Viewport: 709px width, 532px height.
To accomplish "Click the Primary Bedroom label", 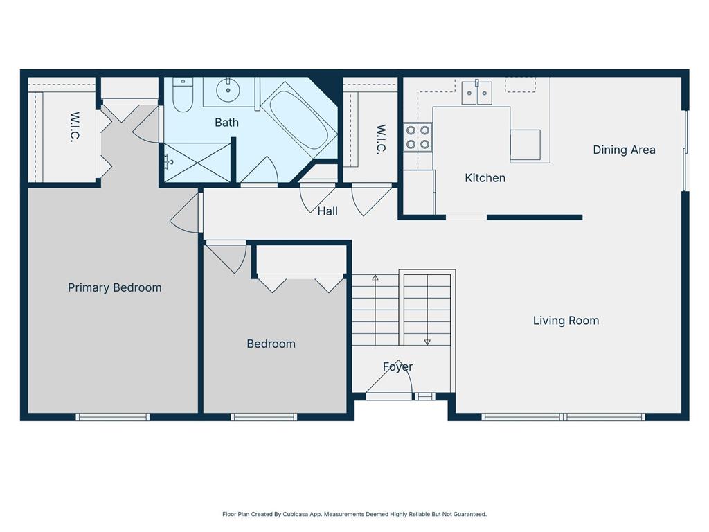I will click(x=115, y=287).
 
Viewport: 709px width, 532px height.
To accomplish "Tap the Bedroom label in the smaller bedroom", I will click(x=271, y=344).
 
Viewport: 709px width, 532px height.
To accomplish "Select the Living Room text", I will click(x=566, y=321).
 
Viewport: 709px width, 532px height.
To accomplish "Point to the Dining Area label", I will click(x=624, y=150).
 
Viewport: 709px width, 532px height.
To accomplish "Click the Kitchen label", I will click(x=485, y=178).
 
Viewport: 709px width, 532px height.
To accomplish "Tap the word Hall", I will click(x=327, y=211).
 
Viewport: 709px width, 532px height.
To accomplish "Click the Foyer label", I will click(x=397, y=366).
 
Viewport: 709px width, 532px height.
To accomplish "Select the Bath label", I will click(x=226, y=123).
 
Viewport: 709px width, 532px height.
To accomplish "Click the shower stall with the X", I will click(x=197, y=163).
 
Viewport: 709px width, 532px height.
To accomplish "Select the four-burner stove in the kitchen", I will click(x=418, y=136).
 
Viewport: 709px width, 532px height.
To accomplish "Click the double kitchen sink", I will click(x=477, y=93).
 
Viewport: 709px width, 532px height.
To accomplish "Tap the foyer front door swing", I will click(x=390, y=381).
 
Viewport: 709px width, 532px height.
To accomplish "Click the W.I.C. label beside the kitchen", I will click(x=380, y=139).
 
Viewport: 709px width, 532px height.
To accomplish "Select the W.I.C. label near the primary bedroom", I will click(x=75, y=127).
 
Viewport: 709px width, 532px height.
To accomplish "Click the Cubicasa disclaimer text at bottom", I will click(x=354, y=514).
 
